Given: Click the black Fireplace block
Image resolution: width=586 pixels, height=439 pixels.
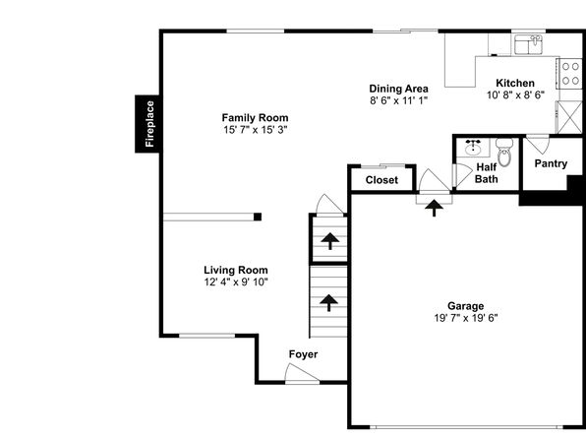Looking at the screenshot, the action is [x=148, y=124].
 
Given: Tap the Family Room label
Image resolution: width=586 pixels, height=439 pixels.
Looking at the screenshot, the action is [x=255, y=118].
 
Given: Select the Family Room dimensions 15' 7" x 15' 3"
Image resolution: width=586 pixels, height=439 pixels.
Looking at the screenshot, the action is [x=256, y=130].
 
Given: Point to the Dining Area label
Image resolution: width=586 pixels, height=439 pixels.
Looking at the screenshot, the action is [x=398, y=89].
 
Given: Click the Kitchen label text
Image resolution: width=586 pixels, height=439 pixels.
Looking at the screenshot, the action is [x=515, y=83].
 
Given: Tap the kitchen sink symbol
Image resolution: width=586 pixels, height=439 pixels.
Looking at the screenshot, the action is [x=529, y=44].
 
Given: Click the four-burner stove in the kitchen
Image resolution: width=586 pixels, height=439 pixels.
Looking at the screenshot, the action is [x=570, y=74].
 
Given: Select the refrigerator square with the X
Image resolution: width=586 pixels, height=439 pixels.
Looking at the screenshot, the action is [x=570, y=117].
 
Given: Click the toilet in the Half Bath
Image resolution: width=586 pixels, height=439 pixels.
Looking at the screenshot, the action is [x=504, y=152].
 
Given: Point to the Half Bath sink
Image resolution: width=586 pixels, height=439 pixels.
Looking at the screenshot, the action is [x=473, y=148].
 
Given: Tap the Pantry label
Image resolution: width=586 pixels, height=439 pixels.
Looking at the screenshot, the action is [x=551, y=163].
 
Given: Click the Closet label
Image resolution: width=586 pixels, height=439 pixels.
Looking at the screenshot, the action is [x=381, y=180].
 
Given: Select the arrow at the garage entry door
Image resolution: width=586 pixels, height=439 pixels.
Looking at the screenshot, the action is [x=434, y=208].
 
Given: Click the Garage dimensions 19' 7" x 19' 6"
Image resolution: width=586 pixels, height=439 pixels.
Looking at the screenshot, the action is [x=466, y=318].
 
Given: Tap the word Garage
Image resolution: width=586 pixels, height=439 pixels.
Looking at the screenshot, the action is [x=466, y=306].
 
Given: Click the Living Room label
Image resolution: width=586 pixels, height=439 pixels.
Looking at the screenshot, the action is [x=236, y=270].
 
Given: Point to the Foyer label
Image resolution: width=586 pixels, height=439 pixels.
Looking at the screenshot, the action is [x=303, y=354].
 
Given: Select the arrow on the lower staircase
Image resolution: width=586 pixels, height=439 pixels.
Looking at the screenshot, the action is [x=328, y=303].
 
